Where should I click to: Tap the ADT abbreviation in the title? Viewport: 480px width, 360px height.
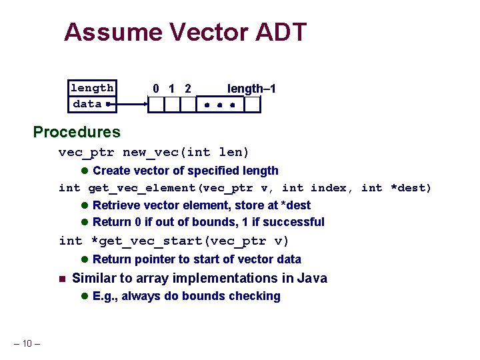(x=283, y=32)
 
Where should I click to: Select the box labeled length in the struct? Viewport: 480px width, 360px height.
(x=92, y=88)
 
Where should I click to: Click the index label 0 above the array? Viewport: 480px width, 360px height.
(x=155, y=89)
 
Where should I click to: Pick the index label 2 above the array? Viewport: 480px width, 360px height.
(x=188, y=89)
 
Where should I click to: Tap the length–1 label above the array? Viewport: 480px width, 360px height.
(x=252, y=89)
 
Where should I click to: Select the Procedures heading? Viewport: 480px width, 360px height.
(x=77, y=132)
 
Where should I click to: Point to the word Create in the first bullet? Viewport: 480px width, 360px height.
(x=112, y=171)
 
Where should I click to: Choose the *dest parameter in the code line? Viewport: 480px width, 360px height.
(x=411, y=188)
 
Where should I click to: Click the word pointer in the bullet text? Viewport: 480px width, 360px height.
(x=155, y=259)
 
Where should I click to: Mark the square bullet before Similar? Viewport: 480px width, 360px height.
(x=61, y=279)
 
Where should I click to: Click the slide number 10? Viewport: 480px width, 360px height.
(x=27, y=344)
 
